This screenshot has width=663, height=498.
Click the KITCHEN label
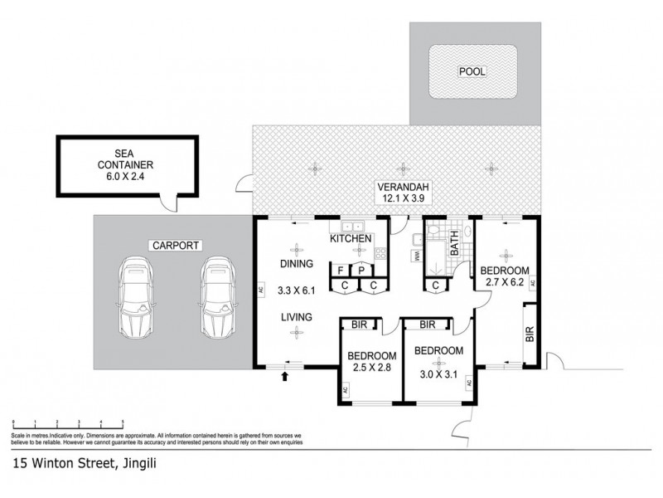click(x=351, y=239)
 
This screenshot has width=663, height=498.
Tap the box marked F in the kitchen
click(x=340, y=270)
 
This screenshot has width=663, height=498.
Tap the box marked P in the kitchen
click(x=362, y=270)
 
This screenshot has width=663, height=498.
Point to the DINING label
click(x=295, y=265)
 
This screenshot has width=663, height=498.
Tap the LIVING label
click(x=295, y=316)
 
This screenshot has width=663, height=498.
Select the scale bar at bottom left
click(x=66, y=425)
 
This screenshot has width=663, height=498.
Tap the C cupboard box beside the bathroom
click(x=435, y=286)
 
